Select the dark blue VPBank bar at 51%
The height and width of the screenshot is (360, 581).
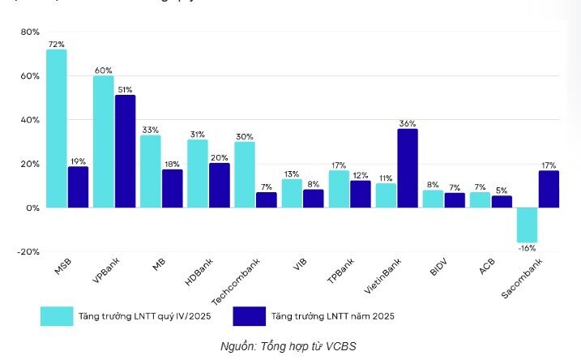(x=125, y=151)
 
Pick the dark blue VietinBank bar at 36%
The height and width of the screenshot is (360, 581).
(x=408, y=168)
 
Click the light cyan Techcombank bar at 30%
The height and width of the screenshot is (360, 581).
(x=245, y=174)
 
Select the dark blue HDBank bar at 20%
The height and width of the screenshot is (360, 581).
(x=219, y=185)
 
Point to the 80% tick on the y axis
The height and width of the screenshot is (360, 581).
(x=29, y=32)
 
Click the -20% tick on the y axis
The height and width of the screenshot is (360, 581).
(x=28, y=252)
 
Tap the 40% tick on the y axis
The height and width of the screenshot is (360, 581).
(x=29, y=120)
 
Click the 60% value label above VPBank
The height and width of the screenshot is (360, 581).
(x=103, y=71)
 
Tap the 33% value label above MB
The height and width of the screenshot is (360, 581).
(x=150, y=130)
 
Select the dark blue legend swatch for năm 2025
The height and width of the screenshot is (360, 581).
(x=249, y=316)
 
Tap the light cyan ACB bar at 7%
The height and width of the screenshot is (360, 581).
(x=480, y=199)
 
